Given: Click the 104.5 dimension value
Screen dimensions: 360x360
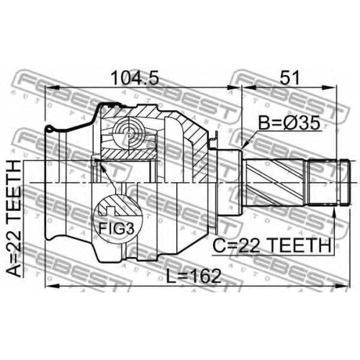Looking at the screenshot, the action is [x=135, y=78].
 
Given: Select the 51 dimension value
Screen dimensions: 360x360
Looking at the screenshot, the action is [x=289, y=78].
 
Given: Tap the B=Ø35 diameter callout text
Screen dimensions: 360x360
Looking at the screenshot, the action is [x=290, y=123].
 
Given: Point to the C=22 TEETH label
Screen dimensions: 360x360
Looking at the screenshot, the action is [x=272, y=246].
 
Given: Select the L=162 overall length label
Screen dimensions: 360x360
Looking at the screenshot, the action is [x=194, y=276].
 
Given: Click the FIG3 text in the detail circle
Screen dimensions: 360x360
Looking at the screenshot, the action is [x=117, y=228].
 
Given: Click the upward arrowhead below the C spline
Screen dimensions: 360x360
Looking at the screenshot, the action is [x=334, y=212].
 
